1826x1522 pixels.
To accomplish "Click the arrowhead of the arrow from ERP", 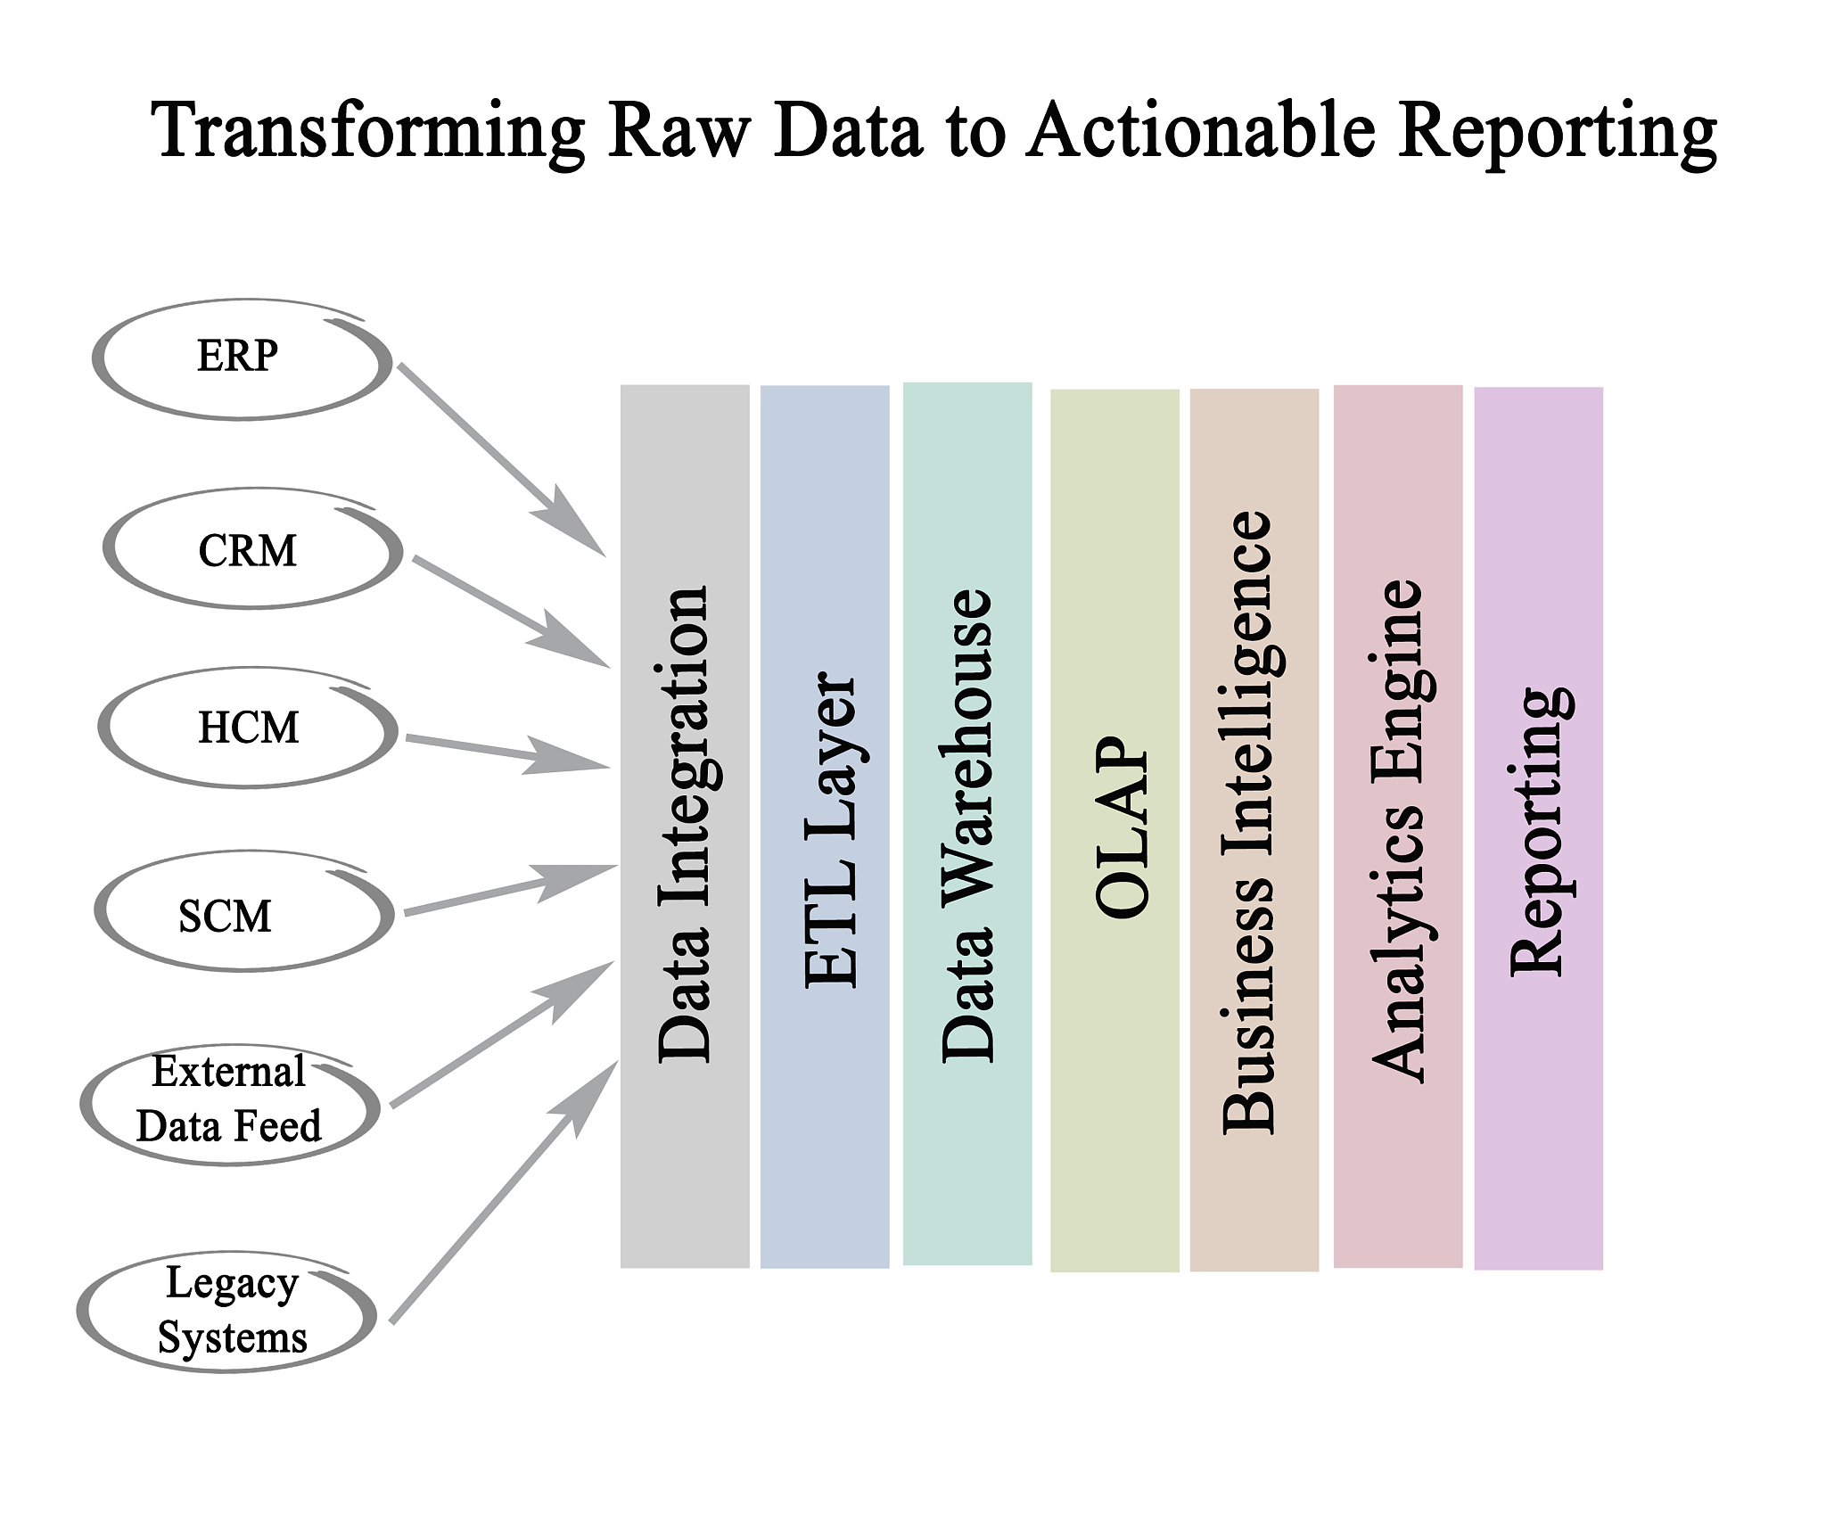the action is pyautogui.click(x=571, y=522).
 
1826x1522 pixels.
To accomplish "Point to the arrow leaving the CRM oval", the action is pyautogui.click(x=512, y=612).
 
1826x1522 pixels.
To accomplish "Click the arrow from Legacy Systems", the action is pyautogui.click(x=505, y=1191).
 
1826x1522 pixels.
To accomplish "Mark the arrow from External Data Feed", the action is pyautogui.click(x=503, y=1034).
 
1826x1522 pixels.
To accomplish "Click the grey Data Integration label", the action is pyautogui.click(x=684, y=824).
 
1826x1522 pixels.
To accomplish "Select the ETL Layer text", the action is pyautogui.click(x=830, y=829).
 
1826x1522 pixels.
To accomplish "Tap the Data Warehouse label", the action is pyautogui.click(x=968, y=826).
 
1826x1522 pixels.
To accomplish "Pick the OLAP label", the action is pyautogui.click(x=1122, y=827).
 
